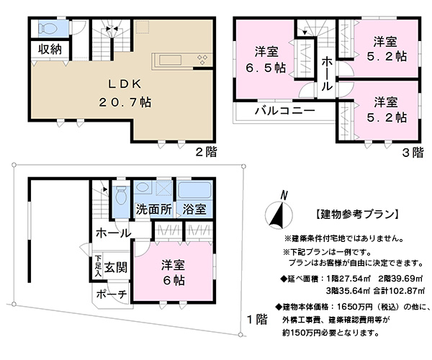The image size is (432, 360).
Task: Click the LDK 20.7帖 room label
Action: (x=125, y=93)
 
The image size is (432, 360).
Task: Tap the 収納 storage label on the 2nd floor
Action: (x=50, y=50)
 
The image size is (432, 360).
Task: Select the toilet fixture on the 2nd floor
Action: (x=48, y=28)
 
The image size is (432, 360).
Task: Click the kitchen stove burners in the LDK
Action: (x=202, y=60)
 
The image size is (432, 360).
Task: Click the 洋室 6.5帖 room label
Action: (x=266, y=60)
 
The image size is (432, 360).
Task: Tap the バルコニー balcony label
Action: (x=284, y=111)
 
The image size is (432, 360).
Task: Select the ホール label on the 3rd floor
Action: (x=327, y=74)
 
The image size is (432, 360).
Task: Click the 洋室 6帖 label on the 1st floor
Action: (x=174, y=273)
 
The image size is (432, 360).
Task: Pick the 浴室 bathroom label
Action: (x=194, y=210)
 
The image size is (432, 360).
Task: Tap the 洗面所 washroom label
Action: (x=154, y=210)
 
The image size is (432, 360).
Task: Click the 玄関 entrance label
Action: (x=116, y=267)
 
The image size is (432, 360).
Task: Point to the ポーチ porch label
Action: (x=112, y=294)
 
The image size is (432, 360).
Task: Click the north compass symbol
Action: (x=279, y=212)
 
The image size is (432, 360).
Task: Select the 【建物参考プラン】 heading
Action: (x=356, y=214)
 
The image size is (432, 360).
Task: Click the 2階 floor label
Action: (x=206, y=152)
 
